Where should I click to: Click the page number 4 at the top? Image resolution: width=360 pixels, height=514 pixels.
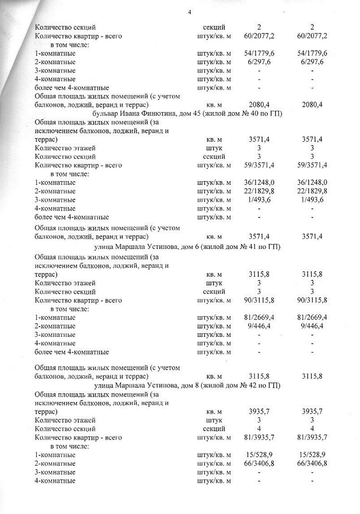(x=189, y=12)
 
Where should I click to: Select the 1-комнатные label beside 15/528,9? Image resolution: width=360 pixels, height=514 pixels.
(x=55, y=455)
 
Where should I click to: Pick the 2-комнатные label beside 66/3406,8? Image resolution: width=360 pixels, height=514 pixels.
(x=55, y=463)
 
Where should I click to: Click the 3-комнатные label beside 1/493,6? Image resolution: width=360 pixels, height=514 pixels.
(x=55, y=200)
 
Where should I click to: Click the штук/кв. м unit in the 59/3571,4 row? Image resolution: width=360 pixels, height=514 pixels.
(x=214, y=165)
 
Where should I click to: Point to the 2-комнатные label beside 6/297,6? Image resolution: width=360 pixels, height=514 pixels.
(x=55, y=62)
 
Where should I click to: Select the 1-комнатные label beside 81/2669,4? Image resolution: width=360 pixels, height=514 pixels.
(x=55, y=317)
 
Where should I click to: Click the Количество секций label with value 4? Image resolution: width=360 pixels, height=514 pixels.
(x=65, y=429)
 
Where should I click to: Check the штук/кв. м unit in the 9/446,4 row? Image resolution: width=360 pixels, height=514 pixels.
(x=214, y=326)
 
